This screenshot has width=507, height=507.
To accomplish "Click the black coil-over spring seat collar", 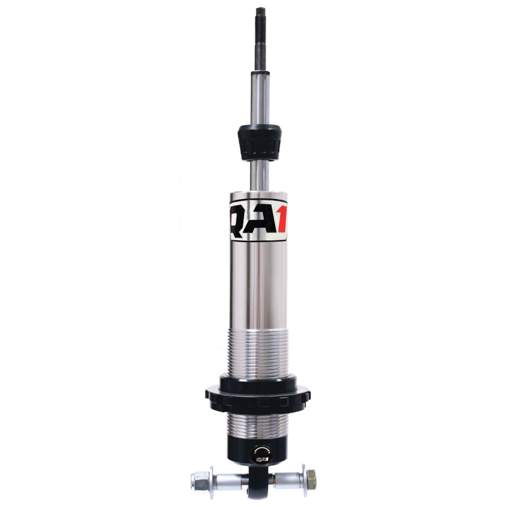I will (257, 390).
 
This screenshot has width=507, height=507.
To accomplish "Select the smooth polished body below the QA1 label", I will (257, 285).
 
